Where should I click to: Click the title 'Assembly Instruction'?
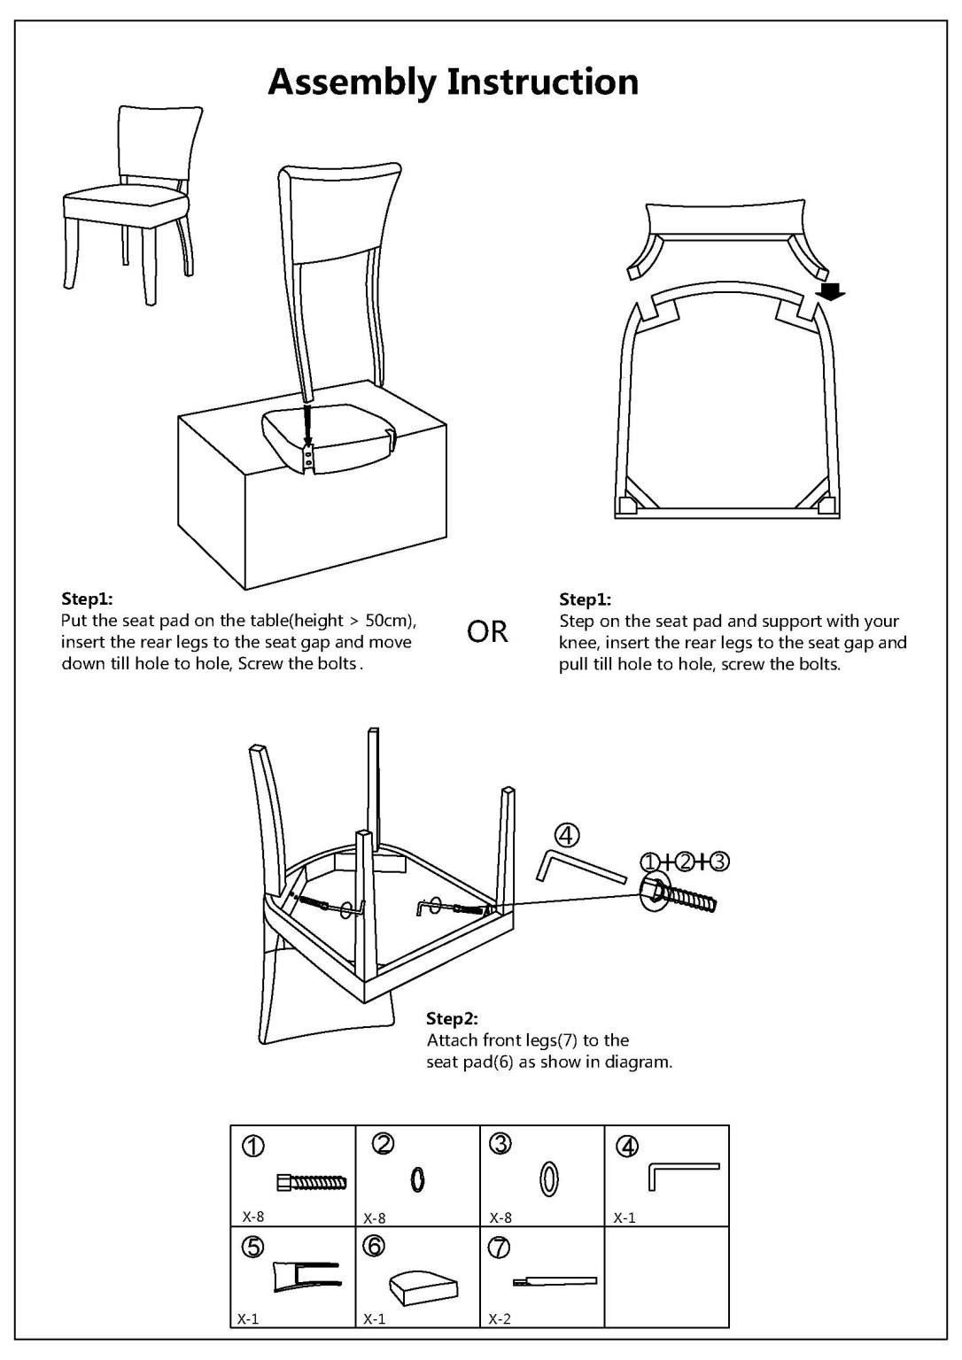point(453,82)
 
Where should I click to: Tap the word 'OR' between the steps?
point(487,632)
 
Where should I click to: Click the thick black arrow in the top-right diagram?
point(829,291)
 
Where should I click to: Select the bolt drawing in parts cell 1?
point(311,1181)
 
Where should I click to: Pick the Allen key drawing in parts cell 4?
point(683,1175)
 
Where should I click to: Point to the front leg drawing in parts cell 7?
point(555,1280)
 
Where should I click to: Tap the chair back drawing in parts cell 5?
point(306,1276)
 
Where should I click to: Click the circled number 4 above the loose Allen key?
point(567,834)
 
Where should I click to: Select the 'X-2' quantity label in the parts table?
point(500,1318)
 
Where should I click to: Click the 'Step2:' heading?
point(452,1018)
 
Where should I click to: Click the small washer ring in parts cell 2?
point(418,1179)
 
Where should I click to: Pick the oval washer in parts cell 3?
point(548,1179)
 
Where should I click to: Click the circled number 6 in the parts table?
point(374,1246)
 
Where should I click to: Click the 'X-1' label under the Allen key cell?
point(625,1217)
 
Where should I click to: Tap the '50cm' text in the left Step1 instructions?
point(387,621)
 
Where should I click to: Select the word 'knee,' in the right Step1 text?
point(579,643)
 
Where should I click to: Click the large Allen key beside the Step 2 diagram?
point(579,866)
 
